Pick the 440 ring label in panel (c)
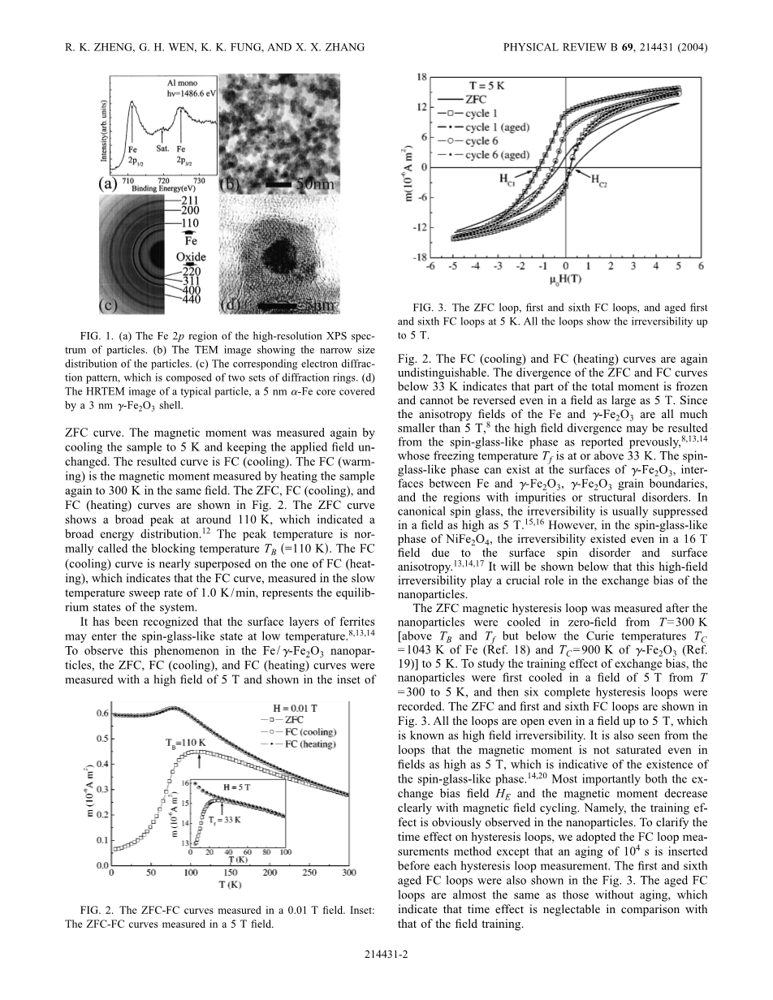point(191,300)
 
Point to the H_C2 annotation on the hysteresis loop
point(600,179)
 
